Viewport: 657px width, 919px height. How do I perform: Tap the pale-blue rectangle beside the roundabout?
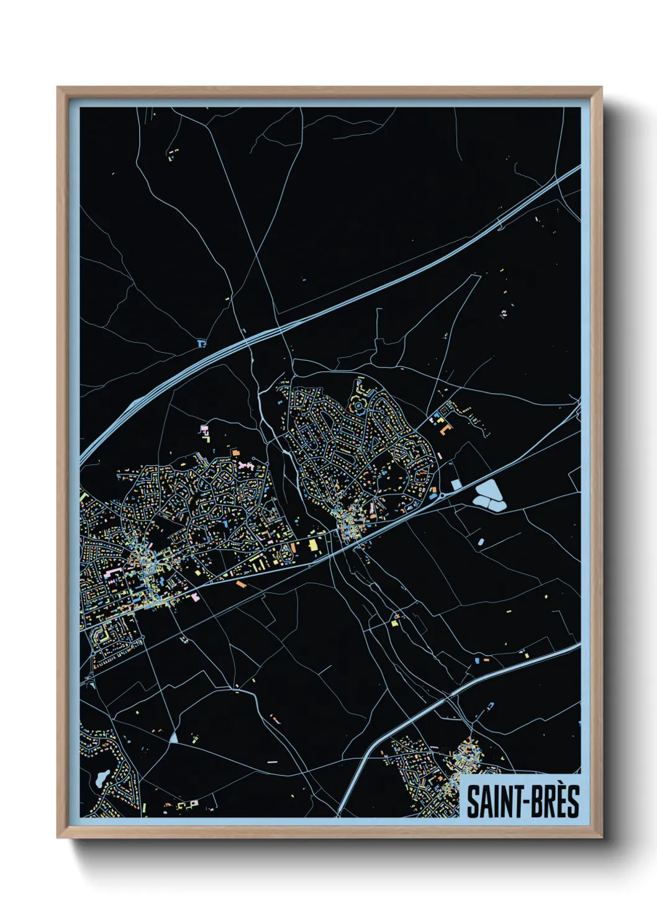pyautogui.click(x=456, y=484)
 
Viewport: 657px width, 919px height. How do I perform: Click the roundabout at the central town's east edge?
pyautogui.click(x=441, y=495)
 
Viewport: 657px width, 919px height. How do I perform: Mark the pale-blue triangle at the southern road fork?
pyautogui.click(x=173, y=738)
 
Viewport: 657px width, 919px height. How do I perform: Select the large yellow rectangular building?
pyautogui.click(x=312, y=545)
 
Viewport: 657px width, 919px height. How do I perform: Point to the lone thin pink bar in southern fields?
pyautogui.click(x=271, y=762)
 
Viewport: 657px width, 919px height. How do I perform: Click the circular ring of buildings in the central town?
pyautogui.click(x=359, y=407)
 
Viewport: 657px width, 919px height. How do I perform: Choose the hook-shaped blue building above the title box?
pyautogui.click(x=491, y=707)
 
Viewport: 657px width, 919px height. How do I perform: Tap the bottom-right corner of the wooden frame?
pyautogui.click(x=600, y=836)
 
